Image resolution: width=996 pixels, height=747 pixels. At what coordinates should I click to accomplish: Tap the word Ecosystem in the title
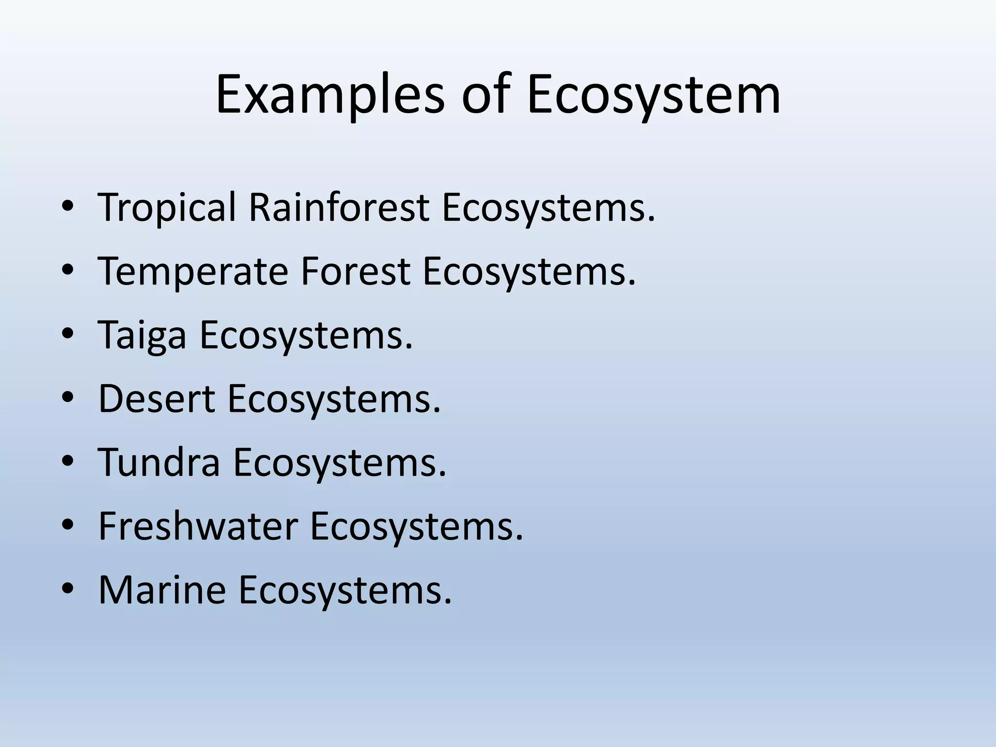click(x=653, y=94)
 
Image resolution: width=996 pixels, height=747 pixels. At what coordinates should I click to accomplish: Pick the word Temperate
click(x=193, y=271)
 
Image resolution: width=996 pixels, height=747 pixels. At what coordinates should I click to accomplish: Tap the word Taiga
click(x=142, y=335)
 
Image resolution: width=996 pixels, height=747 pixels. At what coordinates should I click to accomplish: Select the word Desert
click(x=157, y=399)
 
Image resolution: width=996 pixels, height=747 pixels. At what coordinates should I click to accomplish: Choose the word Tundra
click(x=159, y=462)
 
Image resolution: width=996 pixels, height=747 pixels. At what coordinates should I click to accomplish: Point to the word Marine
click(x=162, y=590)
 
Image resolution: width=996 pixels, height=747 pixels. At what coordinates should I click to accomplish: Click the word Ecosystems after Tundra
click(x=339, y=462)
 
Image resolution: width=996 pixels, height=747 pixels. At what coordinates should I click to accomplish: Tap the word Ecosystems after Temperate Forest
click(x=529, y=271)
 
